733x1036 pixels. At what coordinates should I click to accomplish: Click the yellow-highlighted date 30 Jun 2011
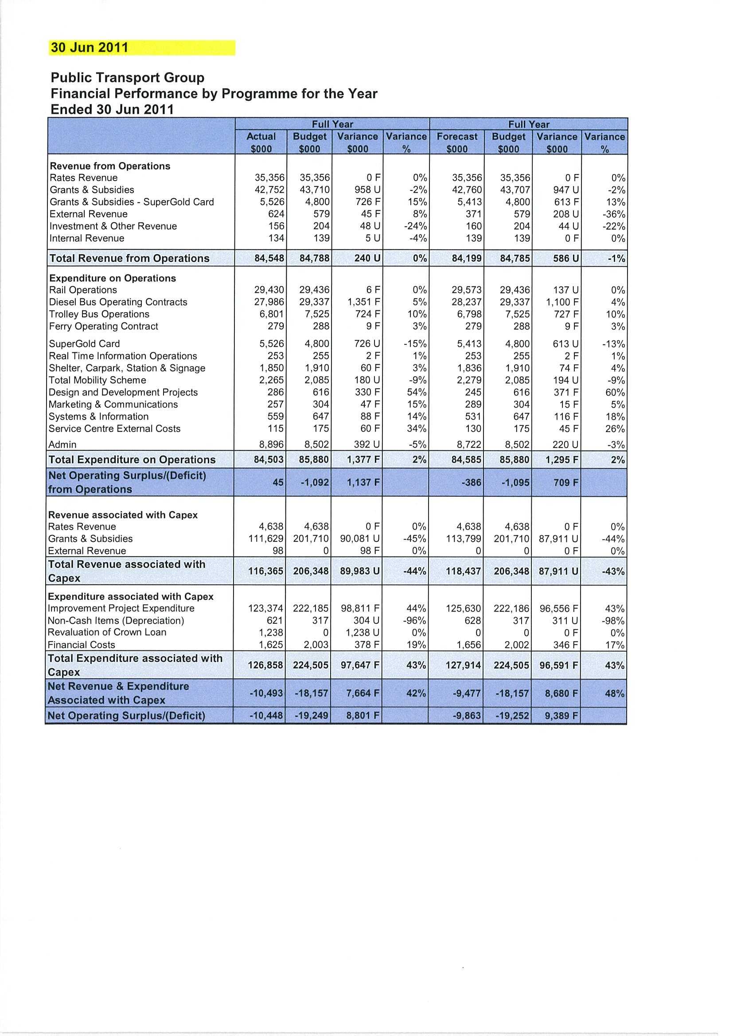(x=90, y=47)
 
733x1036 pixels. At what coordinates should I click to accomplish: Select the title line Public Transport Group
(x=127, y=77)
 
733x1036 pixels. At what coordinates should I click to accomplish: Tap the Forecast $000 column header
(x=456, y=143)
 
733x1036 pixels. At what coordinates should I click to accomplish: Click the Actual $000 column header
(x=261, y=143)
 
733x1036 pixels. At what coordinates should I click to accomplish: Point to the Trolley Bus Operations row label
(x=99, y=314)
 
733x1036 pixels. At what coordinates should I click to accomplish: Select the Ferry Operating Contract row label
(x=103, y=326)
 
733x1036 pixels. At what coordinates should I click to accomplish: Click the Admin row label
(x=62, y=445)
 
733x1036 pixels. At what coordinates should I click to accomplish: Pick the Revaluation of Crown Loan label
(x=107, y=632)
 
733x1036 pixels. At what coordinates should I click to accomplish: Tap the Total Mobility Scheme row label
(x=97, y=380)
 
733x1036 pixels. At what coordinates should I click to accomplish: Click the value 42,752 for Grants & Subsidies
(x=269, y=190)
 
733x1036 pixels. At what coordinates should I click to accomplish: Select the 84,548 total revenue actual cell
(x=269, y=258)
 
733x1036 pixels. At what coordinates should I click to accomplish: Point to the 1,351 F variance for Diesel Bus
(x=363, y=302)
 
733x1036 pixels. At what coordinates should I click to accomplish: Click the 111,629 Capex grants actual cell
(x=266, y=539)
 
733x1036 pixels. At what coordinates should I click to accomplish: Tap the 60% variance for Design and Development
(x=615, y=392)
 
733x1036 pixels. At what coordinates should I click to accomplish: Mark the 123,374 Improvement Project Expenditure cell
(x=266, y=608)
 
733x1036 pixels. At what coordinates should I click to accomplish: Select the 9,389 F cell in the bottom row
(x=561, y=715)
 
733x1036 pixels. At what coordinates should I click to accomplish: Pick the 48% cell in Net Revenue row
(x=615, y=693)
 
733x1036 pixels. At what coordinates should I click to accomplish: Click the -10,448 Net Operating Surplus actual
(x=266, y=715)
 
